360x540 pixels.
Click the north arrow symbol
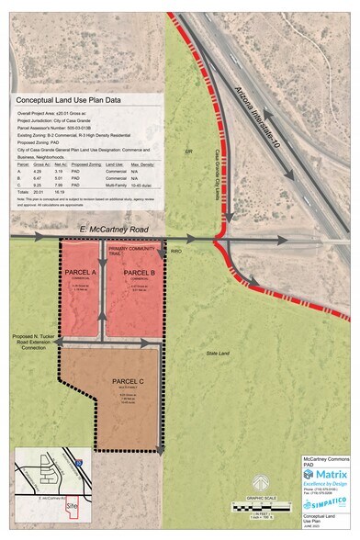tap(259, 481)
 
